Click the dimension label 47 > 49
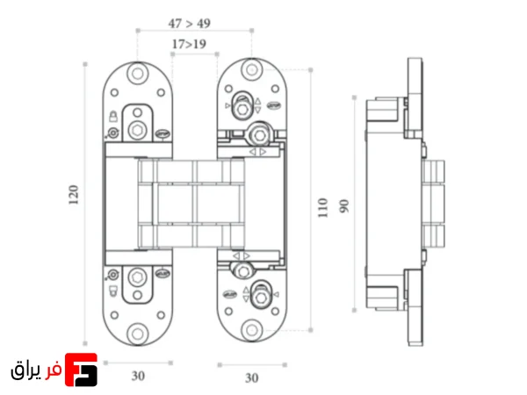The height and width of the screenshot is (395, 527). (x=190, y=24)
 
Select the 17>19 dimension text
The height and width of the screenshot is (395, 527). (x=189, y=44)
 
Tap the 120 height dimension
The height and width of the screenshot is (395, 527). (x=74, y=195)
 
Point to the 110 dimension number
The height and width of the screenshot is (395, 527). (x=322, y=207)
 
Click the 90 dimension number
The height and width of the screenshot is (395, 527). (x=344, y=206)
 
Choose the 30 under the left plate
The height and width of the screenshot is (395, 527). (x=138, y=376)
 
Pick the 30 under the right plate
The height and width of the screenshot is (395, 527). (x=252, y=378)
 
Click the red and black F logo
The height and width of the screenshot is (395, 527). (x=81, y=370)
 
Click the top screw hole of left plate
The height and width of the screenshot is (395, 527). (x=138, y=74)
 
